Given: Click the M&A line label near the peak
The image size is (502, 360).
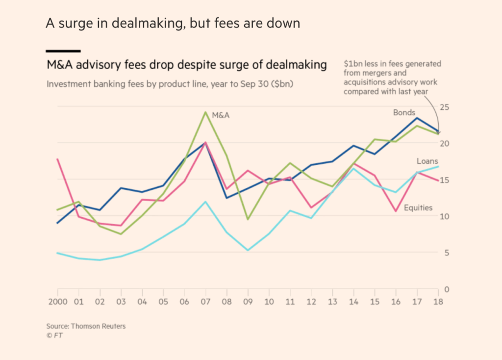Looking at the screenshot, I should [x=221, y=116].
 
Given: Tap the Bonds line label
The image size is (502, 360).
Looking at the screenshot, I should [x=404, y=113].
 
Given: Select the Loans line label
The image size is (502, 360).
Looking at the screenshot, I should [x=427, y=161].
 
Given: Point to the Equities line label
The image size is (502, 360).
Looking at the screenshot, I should [x=418, y=207].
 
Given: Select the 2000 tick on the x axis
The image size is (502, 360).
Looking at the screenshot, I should [x=58, y=301].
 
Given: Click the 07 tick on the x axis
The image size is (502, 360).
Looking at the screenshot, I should [x=205, y=301].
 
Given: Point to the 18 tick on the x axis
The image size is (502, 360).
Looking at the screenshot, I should [x=438, y=301].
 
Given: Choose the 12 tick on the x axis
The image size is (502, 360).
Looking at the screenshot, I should [x=311, y=301].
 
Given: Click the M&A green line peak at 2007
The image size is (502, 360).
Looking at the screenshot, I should [x=205, y=112].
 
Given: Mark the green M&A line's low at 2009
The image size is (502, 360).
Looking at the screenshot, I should [x=248, y=219].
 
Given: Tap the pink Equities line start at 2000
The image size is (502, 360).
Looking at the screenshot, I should [x=58, y=159].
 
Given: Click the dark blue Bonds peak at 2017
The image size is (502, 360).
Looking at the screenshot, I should [x=417, y=118].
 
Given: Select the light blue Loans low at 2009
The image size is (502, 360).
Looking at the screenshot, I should [x=248, y=251].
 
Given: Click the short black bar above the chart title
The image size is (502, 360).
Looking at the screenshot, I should [x=63, y=51].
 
